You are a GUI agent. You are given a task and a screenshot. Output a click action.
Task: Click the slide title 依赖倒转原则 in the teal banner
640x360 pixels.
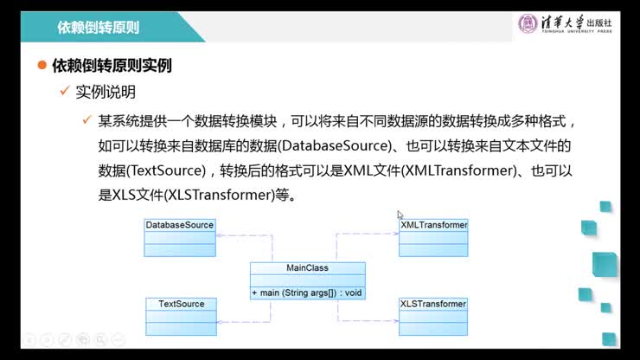[x=98, y=28]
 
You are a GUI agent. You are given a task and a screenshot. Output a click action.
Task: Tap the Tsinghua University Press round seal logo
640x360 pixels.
[x=528, y=23]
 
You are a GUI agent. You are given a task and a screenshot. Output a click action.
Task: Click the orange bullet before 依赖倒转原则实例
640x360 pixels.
[x=42, y=65]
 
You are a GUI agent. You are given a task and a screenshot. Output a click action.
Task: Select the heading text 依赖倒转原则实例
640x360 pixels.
[x=112, y=66]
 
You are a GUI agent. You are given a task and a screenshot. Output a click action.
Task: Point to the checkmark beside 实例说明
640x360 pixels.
[x=65, y=90]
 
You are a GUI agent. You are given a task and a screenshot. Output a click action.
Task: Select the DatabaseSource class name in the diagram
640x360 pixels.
[x=180, y=225]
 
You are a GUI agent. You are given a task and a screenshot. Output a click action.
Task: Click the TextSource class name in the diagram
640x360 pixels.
[x=182, y=304]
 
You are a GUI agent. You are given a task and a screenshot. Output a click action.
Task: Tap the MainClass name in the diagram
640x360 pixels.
[x=307, y=268]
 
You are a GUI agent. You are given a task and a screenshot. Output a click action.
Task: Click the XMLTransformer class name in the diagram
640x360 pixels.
[x=434, y=225]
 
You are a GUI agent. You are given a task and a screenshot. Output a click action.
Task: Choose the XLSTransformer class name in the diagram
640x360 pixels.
[x=433, y=304]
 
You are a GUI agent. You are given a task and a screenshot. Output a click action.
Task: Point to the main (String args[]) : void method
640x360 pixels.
[x=307, y=293]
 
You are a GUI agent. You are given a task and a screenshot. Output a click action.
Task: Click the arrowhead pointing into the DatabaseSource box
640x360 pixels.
[x=220, y=235]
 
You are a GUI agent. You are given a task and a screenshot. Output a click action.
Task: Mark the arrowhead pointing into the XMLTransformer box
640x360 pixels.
[x=395, y=234]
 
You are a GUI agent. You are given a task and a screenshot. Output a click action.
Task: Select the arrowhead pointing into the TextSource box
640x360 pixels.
[x=221, y=322]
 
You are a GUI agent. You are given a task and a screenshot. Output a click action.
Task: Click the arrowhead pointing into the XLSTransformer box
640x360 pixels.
[x=395, y=321]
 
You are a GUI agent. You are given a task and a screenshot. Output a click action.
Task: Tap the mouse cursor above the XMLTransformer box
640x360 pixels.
[x=400, y=215]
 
